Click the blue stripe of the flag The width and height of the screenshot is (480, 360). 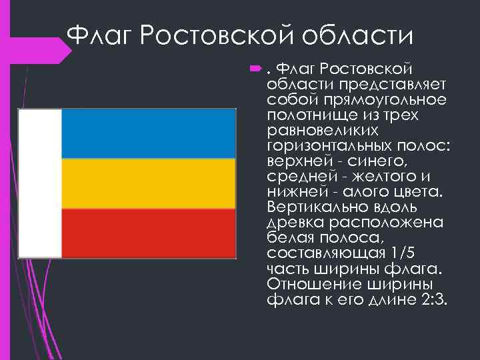point(148,133)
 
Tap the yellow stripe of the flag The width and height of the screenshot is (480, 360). point(148,183)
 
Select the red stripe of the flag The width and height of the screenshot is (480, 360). point(148,233)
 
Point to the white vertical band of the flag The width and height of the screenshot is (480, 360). point(40,183)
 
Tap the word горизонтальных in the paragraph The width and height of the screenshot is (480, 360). point(331,145)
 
